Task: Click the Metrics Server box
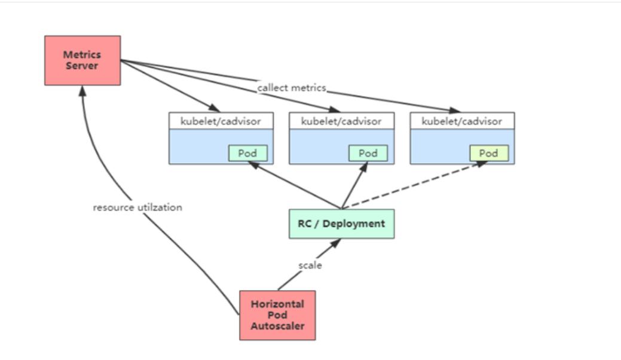(82, 60)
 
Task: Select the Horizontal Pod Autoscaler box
(277, 315)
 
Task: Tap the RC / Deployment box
(341, 224)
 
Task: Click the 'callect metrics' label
(292, 88)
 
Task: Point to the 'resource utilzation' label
(137, 208)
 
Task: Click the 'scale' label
(310, 265)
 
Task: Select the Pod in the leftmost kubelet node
(247, 153)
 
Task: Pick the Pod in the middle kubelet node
(368, 153)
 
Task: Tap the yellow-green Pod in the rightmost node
(488, 153)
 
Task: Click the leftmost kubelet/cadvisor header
(221, 121)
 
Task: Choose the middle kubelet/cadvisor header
(341, 121)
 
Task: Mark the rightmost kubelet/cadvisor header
(462, 121)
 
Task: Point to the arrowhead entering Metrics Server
(83, 90)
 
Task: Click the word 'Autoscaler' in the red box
(277, 327)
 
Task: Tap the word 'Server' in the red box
(82, 65)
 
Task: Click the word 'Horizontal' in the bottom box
(277, 304)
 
